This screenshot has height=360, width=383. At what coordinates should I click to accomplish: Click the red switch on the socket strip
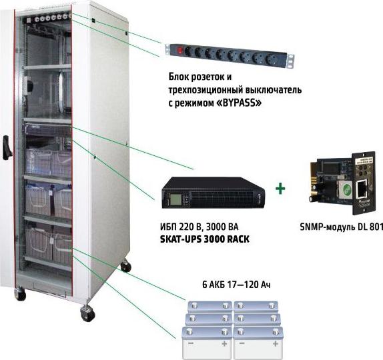(180, 51)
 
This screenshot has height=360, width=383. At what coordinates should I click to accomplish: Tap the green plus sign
(280, 189)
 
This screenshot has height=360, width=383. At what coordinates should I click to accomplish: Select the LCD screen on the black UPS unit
(176, 199)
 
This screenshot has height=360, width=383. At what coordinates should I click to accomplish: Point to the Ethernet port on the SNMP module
(362, 189)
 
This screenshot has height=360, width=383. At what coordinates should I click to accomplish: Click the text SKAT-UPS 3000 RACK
(205, 239)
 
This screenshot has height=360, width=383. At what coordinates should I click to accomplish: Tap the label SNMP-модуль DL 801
(341, 227)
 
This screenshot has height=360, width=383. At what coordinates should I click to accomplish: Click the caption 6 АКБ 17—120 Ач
(236, 285)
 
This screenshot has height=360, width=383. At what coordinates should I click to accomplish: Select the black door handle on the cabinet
(7, 147)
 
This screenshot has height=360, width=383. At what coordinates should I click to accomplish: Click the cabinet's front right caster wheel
(87, 313)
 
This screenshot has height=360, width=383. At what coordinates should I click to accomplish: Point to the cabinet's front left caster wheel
(20, 293)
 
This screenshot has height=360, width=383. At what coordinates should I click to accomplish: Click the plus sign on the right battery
(276, 343)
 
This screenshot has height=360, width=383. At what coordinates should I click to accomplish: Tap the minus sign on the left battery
(191, 343)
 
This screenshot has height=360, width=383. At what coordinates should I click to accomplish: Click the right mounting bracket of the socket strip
(290, 61)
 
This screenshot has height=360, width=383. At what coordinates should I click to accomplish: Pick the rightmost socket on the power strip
(274, 59)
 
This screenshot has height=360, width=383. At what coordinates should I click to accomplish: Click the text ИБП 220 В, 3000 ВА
(199, 227)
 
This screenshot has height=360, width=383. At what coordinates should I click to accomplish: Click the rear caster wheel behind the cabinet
(126, 265)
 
